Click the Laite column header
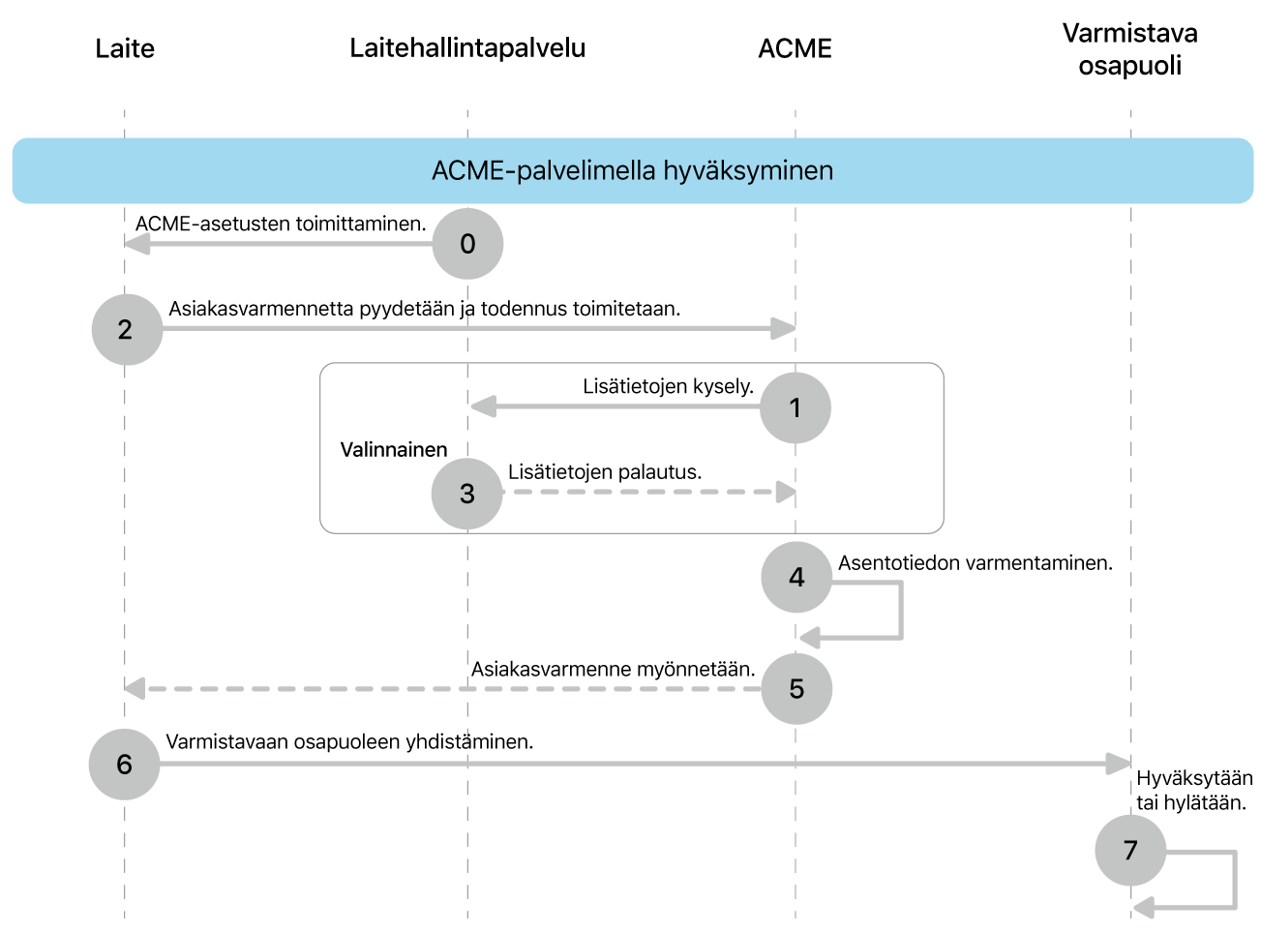click(x=125, y=49)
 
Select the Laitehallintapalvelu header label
click(x=467, y=48)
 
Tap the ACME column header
click(x=795, y=49)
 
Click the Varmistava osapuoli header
click(x=1129, y=49)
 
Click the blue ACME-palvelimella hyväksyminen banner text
click(x=632, y=171)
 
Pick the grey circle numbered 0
click(x=467, y=244)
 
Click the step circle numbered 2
click(x=127, y=330)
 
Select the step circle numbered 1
click(x=795, y=407)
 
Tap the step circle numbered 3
click(x=466, y=494)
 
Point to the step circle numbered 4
click(x=796, y=578)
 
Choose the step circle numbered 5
click(x=796, y=689)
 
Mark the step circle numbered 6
click(x=124, y=765)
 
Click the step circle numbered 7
click(x=1129, y=851)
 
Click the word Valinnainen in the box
click(x=394, y=450)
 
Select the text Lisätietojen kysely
click(x=668, y=387)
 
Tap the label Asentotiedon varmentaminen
click(x=975, y=563)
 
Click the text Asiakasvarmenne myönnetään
click(x=613, y=670)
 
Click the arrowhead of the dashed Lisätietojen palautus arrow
click(x=786, y=493)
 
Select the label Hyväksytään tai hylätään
click(x=1193, y=791)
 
